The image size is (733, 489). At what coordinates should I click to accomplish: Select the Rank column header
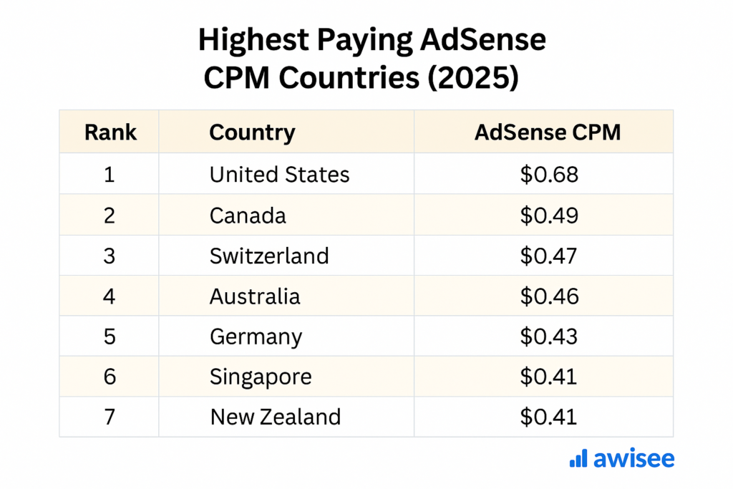pos(110,132)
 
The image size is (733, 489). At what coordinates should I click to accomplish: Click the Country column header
pos(252,132)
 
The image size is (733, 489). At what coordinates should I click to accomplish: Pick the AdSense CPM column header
pos(548,132)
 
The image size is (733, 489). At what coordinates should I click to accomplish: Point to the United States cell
pos(279,174)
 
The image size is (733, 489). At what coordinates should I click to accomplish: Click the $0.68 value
pos(548,174)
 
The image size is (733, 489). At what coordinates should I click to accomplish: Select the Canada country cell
pos(248,215)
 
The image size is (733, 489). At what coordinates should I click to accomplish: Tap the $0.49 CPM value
pos(548,215)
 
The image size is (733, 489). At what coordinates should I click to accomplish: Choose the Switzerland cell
pos(269,256)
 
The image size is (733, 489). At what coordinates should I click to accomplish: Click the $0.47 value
pos(548,256)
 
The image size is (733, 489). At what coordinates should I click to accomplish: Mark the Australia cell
pos(255,296)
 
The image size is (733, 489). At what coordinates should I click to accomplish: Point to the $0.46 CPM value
pos(548,296)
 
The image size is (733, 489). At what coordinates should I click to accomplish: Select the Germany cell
pos(256,337)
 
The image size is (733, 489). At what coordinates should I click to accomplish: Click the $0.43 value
pos(548,337)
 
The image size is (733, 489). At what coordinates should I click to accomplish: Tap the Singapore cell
pos(261,377)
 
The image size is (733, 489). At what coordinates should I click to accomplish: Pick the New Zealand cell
pos(275,417)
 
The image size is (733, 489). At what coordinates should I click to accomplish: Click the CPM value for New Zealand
pos(548,417)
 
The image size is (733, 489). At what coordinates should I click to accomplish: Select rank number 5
pos(110,337)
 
